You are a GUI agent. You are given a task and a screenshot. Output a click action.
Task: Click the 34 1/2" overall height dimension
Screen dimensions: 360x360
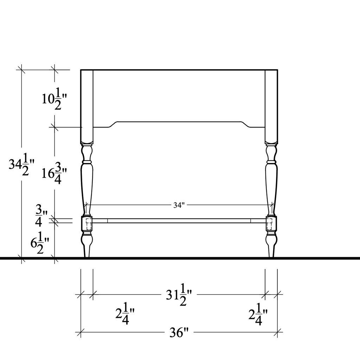pyautogui.click(x=21, y=165)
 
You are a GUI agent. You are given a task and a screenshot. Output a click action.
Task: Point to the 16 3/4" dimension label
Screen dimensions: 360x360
pyautogui.click(x=54, y=173)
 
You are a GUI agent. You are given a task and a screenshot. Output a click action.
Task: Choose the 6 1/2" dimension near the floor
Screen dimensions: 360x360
pyautogui.click(x=40, y=243)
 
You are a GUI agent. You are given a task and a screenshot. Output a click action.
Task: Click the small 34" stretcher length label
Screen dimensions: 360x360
pyautogui.click(x=179, y=205)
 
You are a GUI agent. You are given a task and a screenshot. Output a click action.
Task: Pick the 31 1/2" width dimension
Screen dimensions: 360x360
pyautogui.click(x=179, y=295)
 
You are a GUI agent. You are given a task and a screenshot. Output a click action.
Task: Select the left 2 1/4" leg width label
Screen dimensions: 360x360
pyautogui.click(x=125, y=314)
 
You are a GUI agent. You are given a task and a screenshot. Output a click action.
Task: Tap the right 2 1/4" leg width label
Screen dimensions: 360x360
pyautogui.click(x=258, y=314)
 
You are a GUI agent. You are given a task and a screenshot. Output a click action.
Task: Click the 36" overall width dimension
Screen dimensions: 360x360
pyautogui.click(x=179, y=332)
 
